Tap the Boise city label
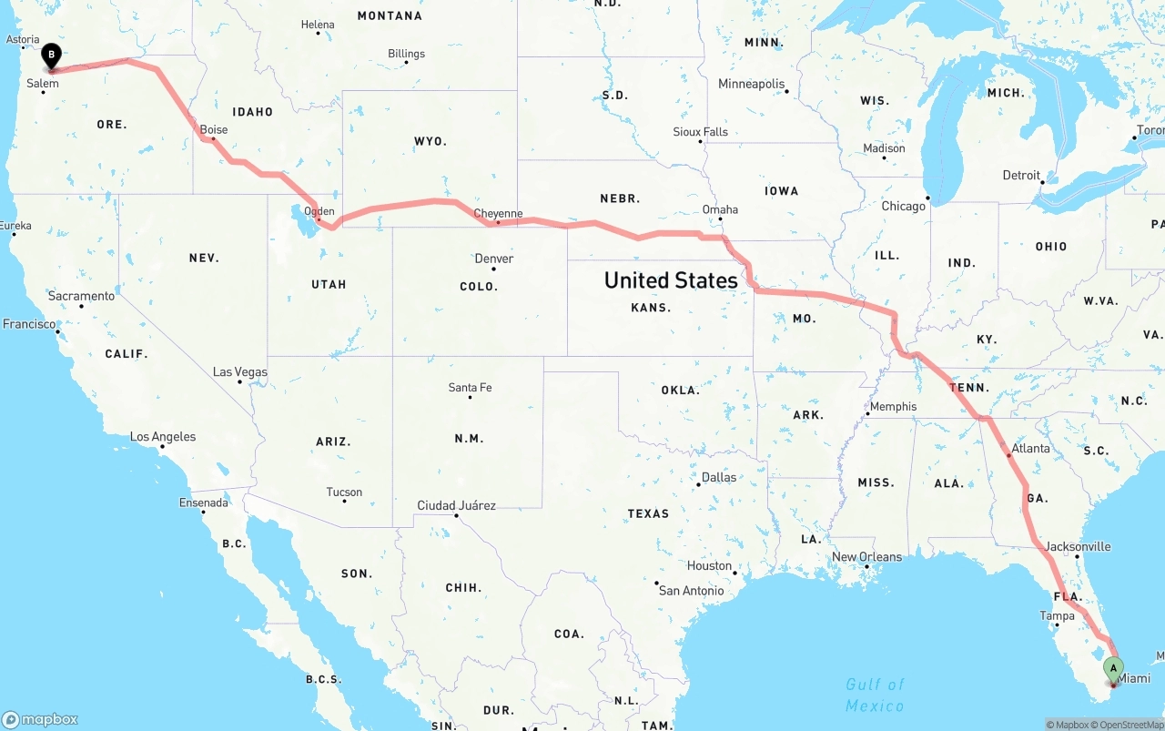pyautogui.click(x=214, y=130)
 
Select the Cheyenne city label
pyautogui.click(x=499, y=214)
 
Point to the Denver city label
pyautogui.click(x=494, y=259)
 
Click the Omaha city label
pyautogui.click(x=720, y=209)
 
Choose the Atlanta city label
pyautogui.click(x=1030, y=448)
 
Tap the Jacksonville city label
pyautogui.click(x=1078, y=546)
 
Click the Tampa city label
pyautogui.click(x=1057, y=616)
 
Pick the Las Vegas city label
pyautogui.click(x=240, y=371)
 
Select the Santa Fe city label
pyautogui.click(x=470, y=388)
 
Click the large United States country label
pyautogui.click(x=671, y=279)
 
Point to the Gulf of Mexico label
pyautogui.click(x=875, y=695)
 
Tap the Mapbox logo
pyautogui.click(x=40, y=719)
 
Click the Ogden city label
pyautogui.click(x=319, y=211)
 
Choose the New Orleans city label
pyautogui.click(x=866, y=556)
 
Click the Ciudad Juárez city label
pyautogui.click(x=456, y=505)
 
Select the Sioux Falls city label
pyautogui.click(x=701, y=132)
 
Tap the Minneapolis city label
pyautogui.click(x=751, y=84)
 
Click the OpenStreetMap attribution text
pyautogui.click(x=1130, y=726)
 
